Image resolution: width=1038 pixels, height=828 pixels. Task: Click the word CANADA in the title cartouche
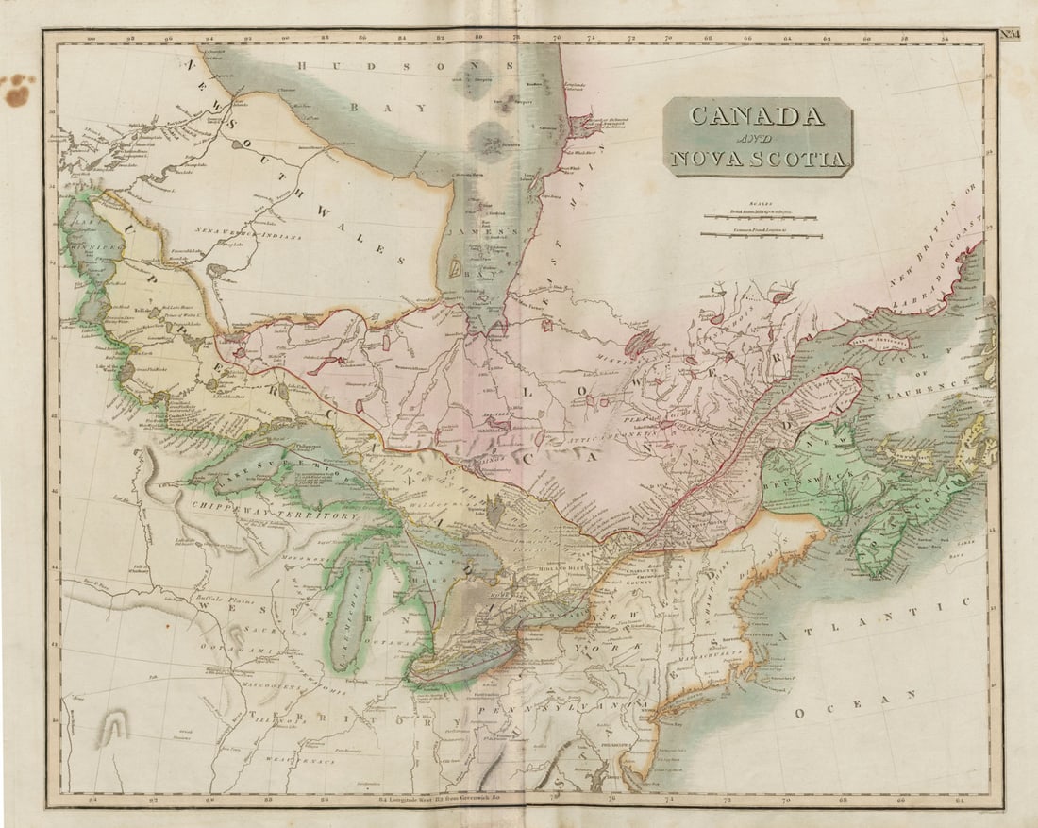(x=757, y=116)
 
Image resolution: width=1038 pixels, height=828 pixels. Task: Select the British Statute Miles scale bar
(x=761, y=216)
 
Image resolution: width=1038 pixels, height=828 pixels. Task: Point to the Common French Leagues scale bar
(x=761, y=233)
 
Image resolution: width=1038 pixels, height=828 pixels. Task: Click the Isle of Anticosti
(x=879, y=343)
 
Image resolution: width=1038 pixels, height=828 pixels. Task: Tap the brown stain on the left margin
(x=17, y=91)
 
